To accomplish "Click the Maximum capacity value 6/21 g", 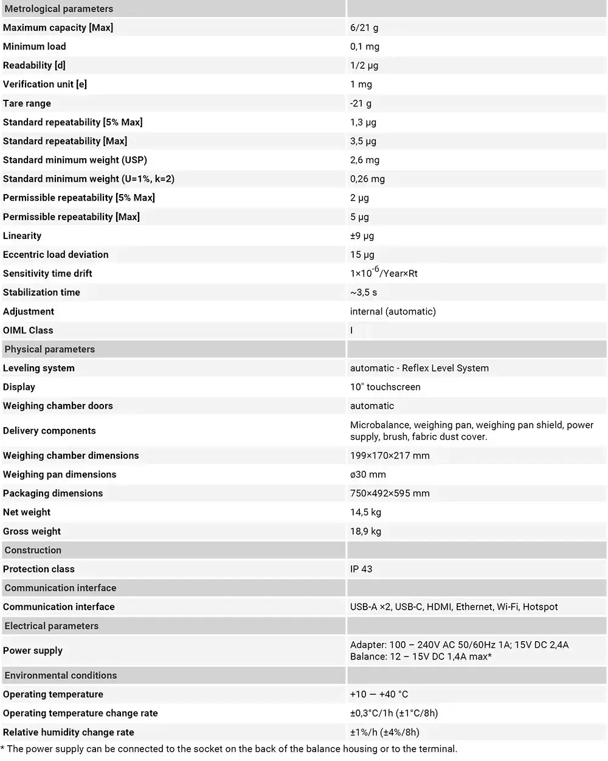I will (x=364, y=27).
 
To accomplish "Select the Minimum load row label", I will (x=35, y=46).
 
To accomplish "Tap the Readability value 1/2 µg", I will (x=364, y=65).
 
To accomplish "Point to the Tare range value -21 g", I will (x=361, y=103).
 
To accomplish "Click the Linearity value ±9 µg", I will (x=362, y=235).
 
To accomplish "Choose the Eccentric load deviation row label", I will (x=56, y=254).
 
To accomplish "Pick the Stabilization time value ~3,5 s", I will (x=364, y=292).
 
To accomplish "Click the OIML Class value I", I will (x=351, y=330).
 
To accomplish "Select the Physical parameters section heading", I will (x=50, y=349).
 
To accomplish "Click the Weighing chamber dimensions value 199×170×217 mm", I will (x=390, y=456).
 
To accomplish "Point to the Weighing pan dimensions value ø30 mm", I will (x=368, y=474).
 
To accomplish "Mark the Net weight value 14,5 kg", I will (x=365, y=512).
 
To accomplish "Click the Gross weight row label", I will (x=32, y=531).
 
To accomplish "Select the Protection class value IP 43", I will (x=361, y=569).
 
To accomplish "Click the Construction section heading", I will (x=33, y=550).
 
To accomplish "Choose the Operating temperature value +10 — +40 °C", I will (x=379, y=694).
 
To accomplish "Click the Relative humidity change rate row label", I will (x=69, y=732).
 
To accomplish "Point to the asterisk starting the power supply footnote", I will (x=2, y=748).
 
